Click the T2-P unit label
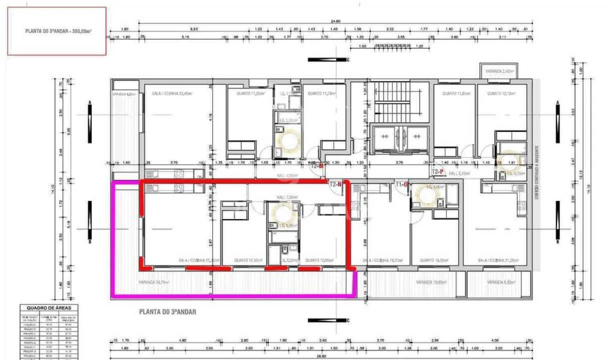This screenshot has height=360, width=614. coord(438,171)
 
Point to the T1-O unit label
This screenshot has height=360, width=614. coord(403,184)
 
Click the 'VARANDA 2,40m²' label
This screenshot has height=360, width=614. coord(498,71)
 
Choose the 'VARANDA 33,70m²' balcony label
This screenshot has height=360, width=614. coord(154,282)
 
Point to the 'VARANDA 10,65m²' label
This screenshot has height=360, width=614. coord(431,282)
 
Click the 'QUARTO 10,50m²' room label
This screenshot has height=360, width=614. coord(434,260)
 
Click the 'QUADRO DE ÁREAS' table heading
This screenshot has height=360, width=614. coord(48,307)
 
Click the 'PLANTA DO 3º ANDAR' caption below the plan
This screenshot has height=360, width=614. coord(167,312)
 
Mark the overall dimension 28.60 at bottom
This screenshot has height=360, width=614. coord(321,356)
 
